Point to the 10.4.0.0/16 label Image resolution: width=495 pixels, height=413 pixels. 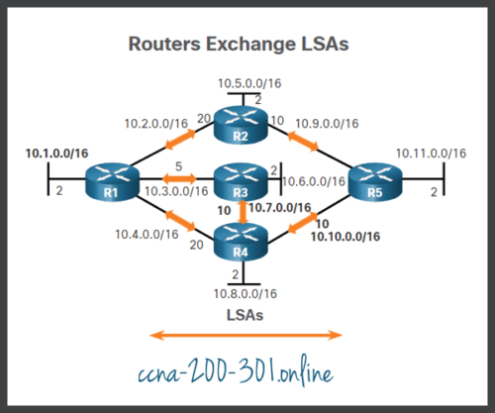coord(145,235)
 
